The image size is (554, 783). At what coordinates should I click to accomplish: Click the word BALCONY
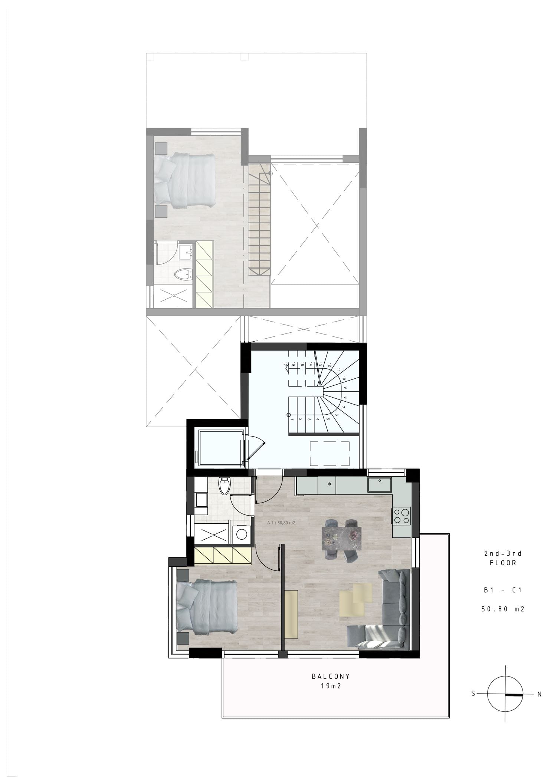(x=331, y=676)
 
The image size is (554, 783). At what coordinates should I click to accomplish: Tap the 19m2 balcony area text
(x=331, y=686)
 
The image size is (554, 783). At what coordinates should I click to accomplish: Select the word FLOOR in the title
(x=503, y=563)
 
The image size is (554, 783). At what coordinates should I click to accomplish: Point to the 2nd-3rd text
(x=503, y=553)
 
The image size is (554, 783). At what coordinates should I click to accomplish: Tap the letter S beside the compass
(x=473, y=693)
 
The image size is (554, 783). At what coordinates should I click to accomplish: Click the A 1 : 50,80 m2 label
(x=281, y=523)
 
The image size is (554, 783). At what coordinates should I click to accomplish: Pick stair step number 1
(x=292, y=420)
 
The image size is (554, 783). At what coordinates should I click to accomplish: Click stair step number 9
(x=345, y=388)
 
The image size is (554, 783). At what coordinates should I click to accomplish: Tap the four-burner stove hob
(x=401, y=516)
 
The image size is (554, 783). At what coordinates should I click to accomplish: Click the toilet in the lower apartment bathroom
(x=224, y=486)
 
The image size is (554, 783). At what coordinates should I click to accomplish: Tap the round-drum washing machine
(x=242, y=534)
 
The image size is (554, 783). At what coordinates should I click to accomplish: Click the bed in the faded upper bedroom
(x=185, y=181)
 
